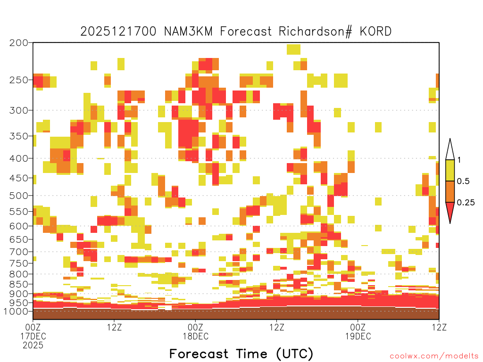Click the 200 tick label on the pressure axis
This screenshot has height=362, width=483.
[x=18, y=43]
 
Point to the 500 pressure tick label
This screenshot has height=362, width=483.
[x=18, y=196]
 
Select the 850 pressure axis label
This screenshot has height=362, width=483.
[x=18, y=284]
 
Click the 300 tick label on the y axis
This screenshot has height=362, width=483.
[x=18, y=110]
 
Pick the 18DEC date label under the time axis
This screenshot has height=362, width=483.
[x=196, y=336]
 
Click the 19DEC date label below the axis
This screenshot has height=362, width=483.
[x=358, y=336]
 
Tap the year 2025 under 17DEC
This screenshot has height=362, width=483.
[x=33, y=346]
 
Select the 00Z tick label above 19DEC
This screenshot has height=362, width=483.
[x=358, y=327]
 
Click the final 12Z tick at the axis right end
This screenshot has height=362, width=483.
[x=439, y=327]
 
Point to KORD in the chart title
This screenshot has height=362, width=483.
[x=376, y=32]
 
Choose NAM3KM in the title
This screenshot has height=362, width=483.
[x=188, y=32]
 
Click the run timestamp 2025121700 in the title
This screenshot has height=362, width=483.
[x=118, y=32]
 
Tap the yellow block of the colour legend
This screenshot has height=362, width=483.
[x=450, y=170]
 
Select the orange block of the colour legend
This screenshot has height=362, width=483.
[x=450, y=191]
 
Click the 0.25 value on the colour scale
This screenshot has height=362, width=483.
[x=466, y=203]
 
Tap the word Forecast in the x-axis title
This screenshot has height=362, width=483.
[x=199, y=354]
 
